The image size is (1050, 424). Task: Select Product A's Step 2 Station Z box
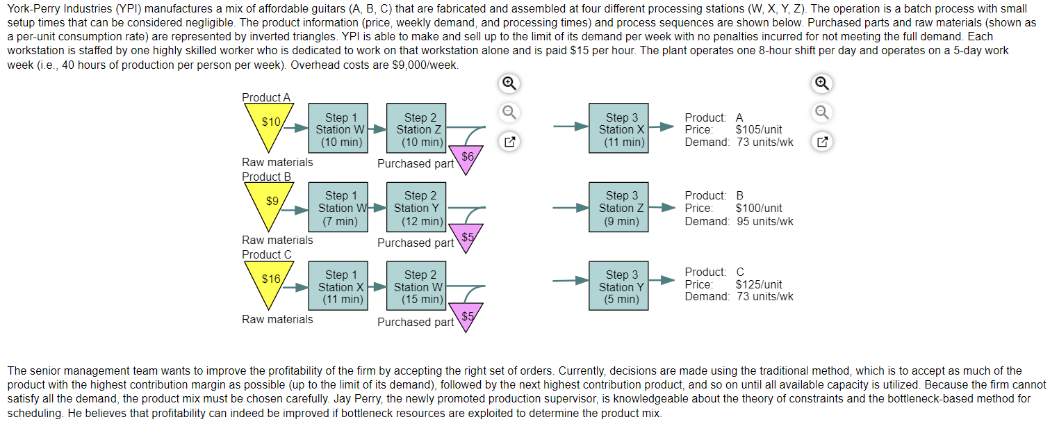click(416, 129)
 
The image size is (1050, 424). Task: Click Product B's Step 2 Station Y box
click(416, 208)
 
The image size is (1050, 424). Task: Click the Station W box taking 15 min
click(416, 286)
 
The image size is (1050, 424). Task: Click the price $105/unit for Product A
click(758, 130)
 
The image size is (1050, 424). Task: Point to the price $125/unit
click(758, 284)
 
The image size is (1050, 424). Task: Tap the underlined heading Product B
click(267, 177)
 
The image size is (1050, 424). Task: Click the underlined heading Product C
click(267, 254)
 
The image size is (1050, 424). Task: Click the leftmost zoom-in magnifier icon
click(509, 84)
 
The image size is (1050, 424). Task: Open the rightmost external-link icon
click(821, 143)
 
